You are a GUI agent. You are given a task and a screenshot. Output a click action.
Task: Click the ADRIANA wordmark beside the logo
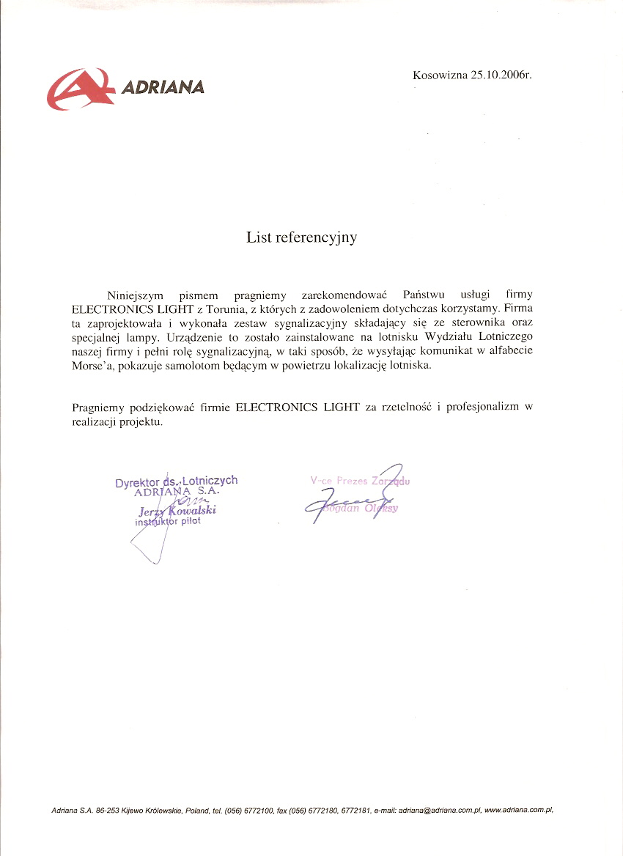(x=162, y=88)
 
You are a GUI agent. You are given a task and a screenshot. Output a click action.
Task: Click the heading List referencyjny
(x=301, y=237)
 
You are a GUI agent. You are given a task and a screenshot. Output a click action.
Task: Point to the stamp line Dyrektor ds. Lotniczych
(x=176, y=481)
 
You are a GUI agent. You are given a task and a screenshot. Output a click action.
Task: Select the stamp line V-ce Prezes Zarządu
(x=360, y=481)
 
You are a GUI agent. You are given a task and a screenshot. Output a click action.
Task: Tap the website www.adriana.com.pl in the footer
(x=519, y=811)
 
